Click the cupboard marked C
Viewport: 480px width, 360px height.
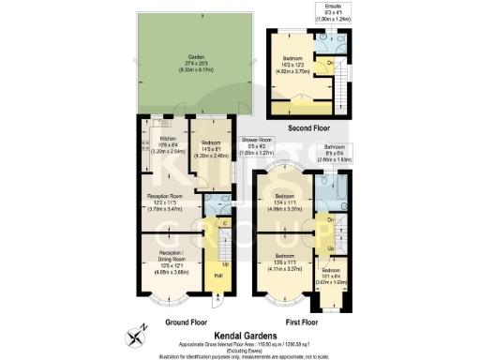[x=225, y=223]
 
